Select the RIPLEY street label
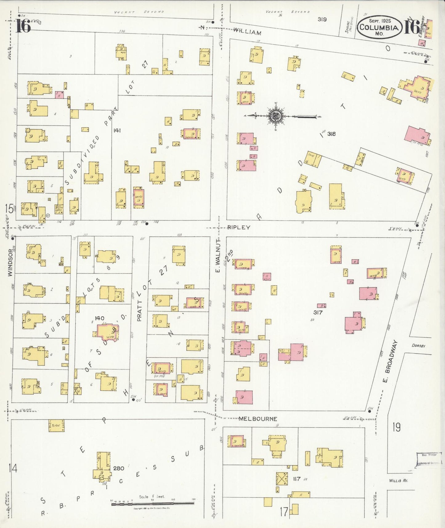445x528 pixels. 239,227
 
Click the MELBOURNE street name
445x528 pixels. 258,419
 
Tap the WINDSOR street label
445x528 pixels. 10,262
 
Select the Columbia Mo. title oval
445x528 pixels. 379,27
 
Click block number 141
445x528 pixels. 117,130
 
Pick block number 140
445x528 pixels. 99,318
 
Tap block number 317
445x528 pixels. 318,312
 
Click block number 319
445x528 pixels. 322,19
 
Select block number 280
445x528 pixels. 119,468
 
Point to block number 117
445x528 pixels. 297,479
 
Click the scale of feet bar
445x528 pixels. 152,503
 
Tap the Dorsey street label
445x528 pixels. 419,346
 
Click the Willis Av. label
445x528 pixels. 398,480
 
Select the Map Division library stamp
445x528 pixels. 429,460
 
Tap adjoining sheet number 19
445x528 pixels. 396,427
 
